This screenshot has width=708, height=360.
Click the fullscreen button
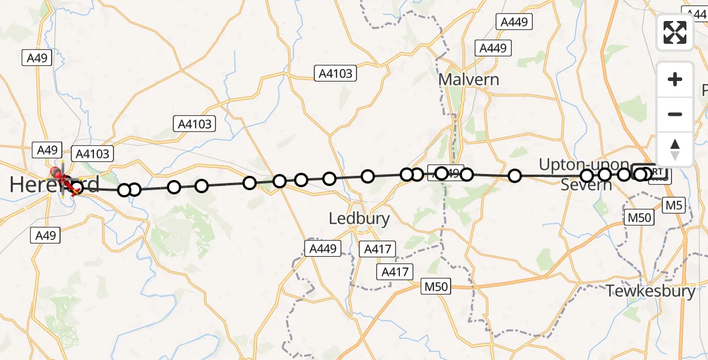[675, 32]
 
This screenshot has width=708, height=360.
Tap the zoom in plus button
[675, 79]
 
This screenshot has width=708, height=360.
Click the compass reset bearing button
[675, 149]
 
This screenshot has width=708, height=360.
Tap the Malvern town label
[469, 79]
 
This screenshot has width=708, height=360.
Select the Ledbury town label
[359, 219]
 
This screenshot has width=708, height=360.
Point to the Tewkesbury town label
[651, 292]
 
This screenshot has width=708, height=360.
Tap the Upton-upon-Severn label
[585, 175]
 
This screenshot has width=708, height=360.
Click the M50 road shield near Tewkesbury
[638, 218]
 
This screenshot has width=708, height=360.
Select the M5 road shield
[674, 206]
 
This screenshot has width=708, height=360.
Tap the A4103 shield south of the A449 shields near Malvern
[336, 73]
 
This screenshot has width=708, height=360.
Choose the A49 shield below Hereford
[46, 235]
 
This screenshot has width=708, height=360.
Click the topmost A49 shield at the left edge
[37, 58]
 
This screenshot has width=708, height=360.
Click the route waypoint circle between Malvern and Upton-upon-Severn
[515, 176]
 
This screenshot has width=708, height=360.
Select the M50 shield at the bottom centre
[436, 287]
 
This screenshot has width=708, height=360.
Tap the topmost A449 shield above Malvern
[514, 22]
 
